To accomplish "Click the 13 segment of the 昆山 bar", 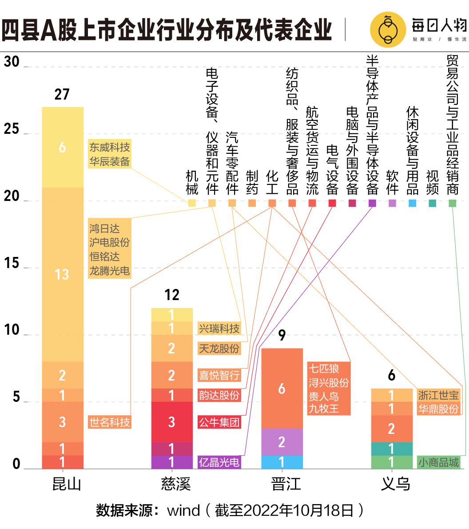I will point(62,274).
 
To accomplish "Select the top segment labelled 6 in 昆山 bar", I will point(62,147).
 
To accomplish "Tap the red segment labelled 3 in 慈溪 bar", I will point(172,421).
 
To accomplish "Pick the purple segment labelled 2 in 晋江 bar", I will point(282,442).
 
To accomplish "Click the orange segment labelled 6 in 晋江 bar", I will point(282,389).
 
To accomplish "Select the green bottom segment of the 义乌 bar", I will point(391,462).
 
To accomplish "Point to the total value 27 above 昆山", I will point(62,94).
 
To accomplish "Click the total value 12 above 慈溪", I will point(172,295).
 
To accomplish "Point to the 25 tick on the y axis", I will point(12,129).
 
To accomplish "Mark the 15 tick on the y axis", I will point(12,264).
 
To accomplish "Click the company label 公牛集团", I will point(219,421).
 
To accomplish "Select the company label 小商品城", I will point(438,462).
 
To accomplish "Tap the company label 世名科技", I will point(110,422).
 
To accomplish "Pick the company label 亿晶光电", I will point(219,462).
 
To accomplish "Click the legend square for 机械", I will point(192,203).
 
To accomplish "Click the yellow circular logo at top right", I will point(388,30).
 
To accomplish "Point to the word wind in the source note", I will point(183,510).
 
